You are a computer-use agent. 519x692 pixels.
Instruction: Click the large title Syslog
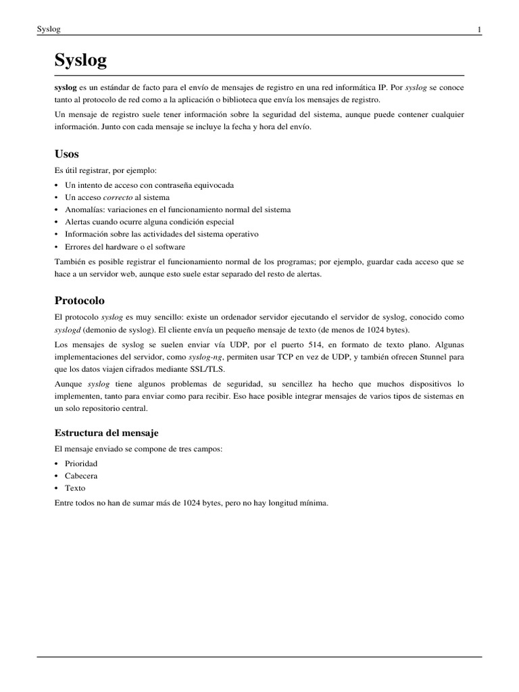[x=80, y=61]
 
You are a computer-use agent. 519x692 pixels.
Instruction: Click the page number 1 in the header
[x=479, y=29]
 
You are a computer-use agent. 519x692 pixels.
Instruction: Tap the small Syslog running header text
[x=49, y=29]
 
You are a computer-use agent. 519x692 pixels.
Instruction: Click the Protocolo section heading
[x=79, y=300]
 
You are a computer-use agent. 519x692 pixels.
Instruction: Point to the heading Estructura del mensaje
[x=106, y=432]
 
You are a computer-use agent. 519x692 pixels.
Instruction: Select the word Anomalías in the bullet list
[x=84, y=209]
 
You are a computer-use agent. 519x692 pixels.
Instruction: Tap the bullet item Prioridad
[x=81, y=464]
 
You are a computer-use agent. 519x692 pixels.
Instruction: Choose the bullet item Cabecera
[x=81, y=476]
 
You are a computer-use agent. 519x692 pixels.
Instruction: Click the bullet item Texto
[x=75, y=488]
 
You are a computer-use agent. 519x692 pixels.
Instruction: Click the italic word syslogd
[x=68, y=329]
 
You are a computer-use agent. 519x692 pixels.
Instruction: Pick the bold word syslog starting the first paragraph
[x=65, y=89]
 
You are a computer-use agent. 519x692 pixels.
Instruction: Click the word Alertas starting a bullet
[x=79, y=222]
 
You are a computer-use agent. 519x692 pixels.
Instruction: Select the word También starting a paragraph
[x=70, y=262]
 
